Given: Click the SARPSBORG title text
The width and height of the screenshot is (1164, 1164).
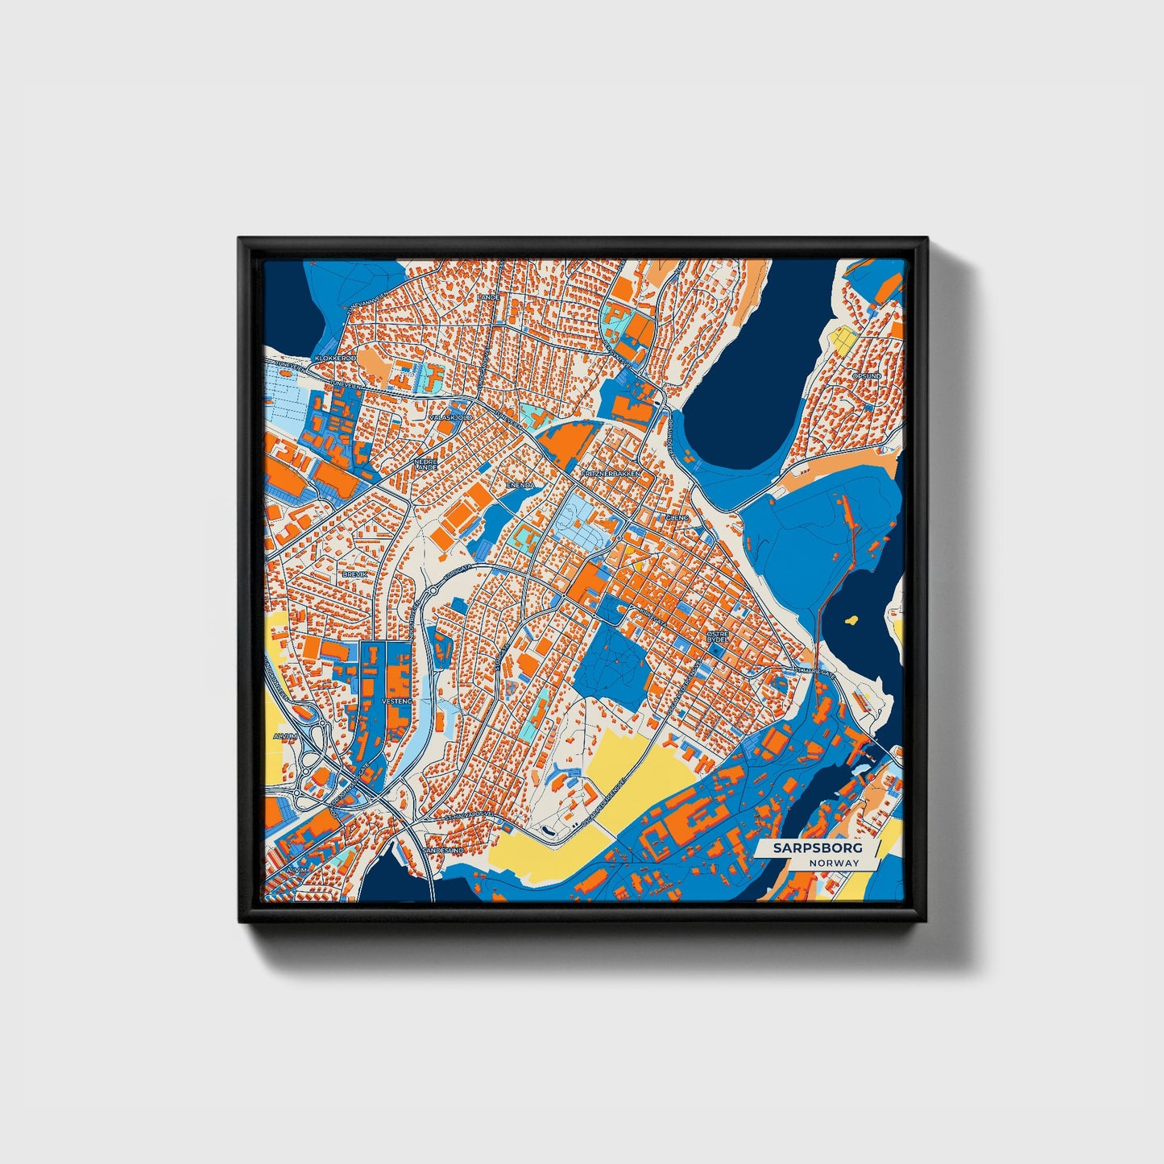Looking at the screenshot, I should click(817, 848).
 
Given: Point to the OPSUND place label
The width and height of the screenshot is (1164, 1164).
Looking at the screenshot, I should click(867, 376).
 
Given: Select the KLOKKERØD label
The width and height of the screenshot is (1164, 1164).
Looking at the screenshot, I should click(335, 358).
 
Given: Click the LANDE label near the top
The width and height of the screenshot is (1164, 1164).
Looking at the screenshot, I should click(488, 297).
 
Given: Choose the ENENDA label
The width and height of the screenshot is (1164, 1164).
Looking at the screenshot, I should click(520, 486).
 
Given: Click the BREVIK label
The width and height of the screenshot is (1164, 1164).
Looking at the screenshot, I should click(354, 574).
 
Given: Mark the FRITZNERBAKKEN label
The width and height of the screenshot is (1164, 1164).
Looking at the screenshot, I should click(610, 474).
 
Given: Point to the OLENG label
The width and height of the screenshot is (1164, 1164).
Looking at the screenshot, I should click(677, 517).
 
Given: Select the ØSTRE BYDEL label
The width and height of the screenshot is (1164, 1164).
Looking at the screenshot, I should click(717, 637).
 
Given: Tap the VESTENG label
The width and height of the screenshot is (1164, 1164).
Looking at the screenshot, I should click(396, 702).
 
